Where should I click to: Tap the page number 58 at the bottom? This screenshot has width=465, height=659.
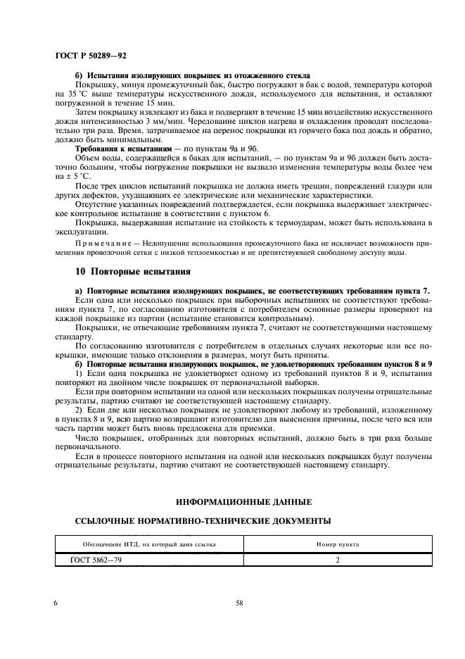[239, 603]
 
